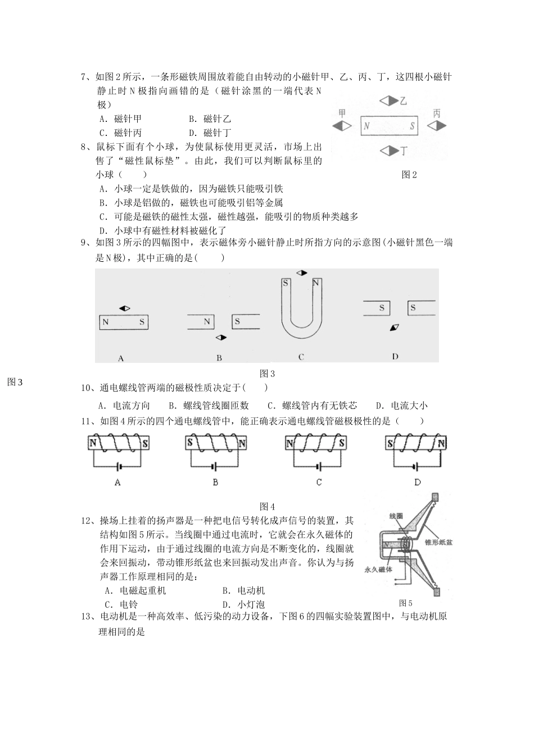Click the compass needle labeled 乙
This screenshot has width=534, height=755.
point(387,101)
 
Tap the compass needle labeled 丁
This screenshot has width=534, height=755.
point(388,151)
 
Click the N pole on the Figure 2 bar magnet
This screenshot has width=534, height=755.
point(366,126)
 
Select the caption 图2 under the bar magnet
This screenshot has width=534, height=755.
point(409,175)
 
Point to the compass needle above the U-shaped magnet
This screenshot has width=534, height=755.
point(302,273)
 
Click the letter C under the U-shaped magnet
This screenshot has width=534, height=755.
point(301,357)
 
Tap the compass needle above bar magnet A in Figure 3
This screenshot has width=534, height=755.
point(125,308)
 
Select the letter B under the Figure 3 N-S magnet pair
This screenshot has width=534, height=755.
point(219,358)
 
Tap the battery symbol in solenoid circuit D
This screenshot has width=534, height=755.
point(416,466)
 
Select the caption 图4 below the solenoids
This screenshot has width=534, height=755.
point(267,506)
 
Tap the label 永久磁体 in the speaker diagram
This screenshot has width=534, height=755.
point(378,569)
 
